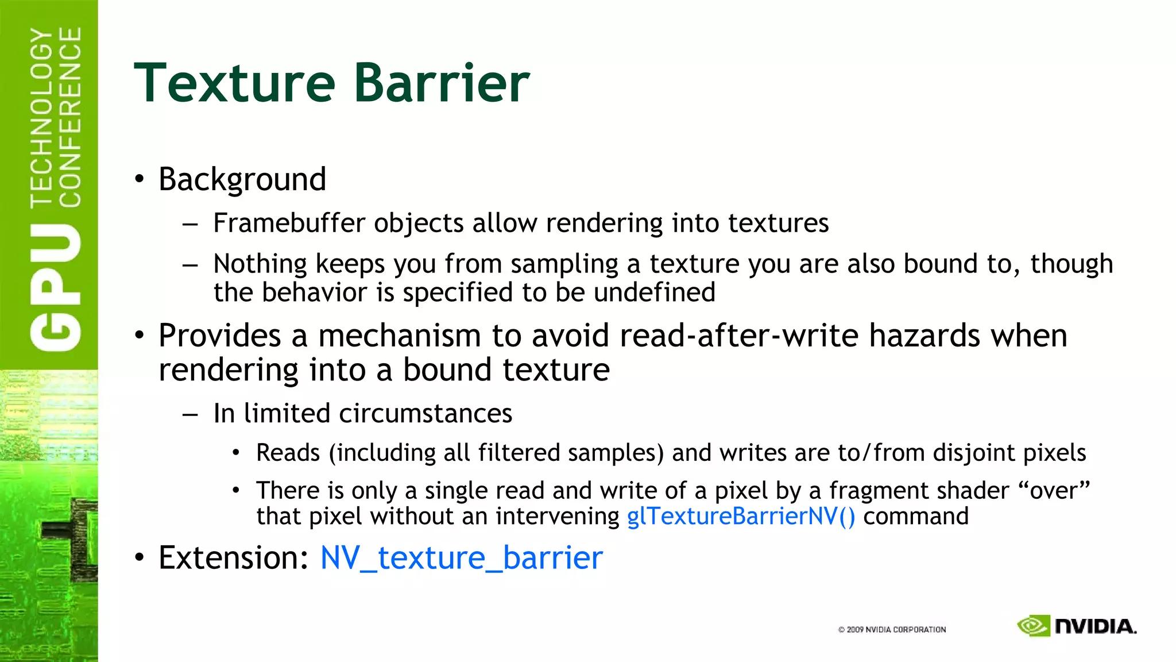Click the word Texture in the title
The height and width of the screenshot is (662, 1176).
tap(234, 83)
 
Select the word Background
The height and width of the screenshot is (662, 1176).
tap(242, 179)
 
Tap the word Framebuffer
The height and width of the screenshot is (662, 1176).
tap(289, 223)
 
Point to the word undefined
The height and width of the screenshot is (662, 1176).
tap(655, 292)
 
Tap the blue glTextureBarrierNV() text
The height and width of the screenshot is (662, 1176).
tap(741, 516)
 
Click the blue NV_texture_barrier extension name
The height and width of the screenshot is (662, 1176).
tap(461, 558)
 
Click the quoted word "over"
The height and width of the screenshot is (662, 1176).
tap(1054, 490)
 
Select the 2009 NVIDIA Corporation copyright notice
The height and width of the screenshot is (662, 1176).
tap(892, 630)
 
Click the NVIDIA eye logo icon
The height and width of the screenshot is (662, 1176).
tap(1033, 626)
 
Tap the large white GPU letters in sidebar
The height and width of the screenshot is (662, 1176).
tap(56, 287)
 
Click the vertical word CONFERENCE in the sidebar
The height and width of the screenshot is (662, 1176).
tap(70, 117)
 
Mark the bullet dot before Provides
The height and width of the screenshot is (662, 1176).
tap(140, 336)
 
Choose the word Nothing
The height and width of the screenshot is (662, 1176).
tap(260, 264)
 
